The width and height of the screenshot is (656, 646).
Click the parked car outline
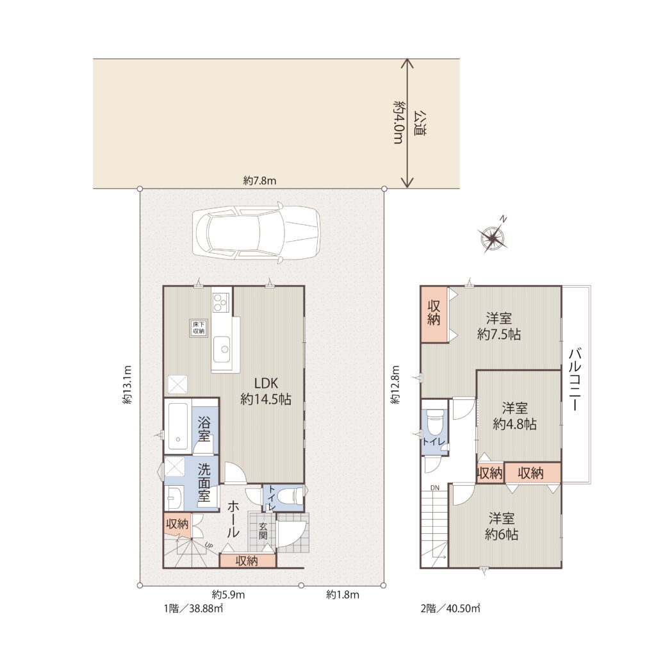[256, 233]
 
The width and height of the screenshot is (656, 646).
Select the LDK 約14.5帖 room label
[266, 391]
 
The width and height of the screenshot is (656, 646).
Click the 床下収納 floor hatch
[199, 327]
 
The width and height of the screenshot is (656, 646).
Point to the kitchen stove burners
[220, 302]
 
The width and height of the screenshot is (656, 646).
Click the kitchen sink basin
[221, 349]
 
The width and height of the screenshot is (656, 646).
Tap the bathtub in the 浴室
[177, 426]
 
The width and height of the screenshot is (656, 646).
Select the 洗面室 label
[204, 482]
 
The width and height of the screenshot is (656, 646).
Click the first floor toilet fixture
[290, 496]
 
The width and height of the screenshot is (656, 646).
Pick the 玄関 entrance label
[263, 531]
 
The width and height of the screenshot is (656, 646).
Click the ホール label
[233, 518]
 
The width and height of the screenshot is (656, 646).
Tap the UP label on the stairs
[209, 545]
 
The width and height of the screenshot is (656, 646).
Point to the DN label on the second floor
[435, 488]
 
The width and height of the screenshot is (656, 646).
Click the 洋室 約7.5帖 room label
[498, 326]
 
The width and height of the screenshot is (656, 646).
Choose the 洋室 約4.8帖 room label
[514, 416]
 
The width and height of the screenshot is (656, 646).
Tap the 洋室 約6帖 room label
[501, 526]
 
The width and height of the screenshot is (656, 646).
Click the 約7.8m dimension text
[260, 181]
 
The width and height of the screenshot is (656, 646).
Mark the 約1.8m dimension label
[343, 595]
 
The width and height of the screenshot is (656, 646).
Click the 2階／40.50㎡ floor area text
[450, 608]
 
